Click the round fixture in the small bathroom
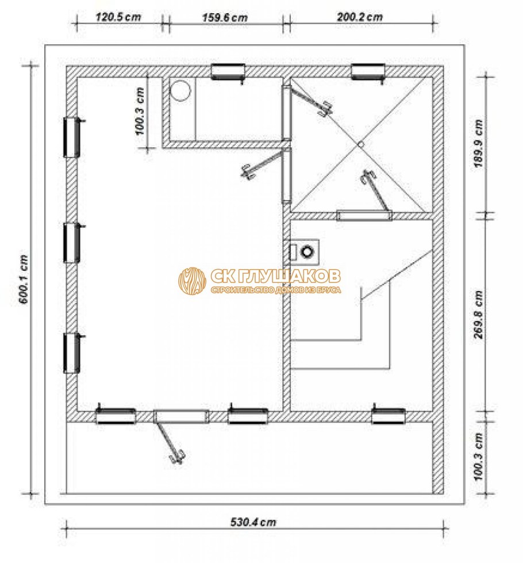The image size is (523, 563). [181, 91]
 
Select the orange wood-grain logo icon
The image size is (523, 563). [192, 281]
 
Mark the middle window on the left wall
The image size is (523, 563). [72, 242]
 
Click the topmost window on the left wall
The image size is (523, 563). [72, 137]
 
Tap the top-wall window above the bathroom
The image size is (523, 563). [228, 71]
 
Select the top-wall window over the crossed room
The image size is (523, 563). [368, 71]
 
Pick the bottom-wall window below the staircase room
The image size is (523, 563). [389, 415]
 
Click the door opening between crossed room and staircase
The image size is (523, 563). [364, 216]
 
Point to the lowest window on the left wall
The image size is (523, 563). [72, 353]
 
